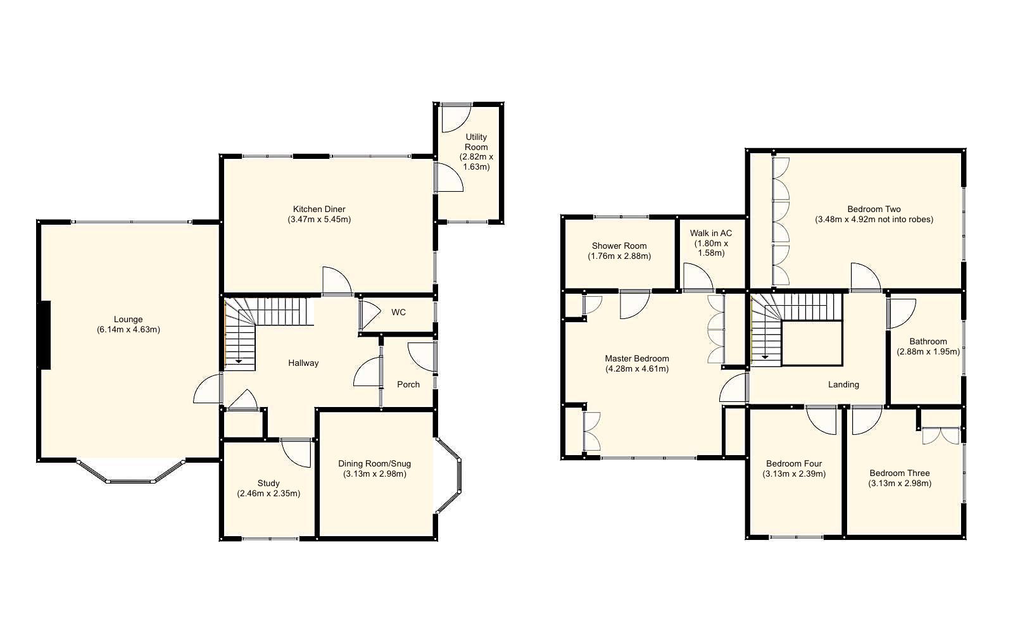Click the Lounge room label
click(128, 320)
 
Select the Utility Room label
click(476, 142)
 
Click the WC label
click(398, 312)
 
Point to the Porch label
click(408, 384)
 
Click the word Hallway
click(303, 363)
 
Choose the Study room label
click(268, 483)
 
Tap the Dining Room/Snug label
click(374, 463)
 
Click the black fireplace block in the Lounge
click(44, 335)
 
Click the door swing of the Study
click(295, 453)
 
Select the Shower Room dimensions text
click(619, 256)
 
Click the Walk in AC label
click(710, 233)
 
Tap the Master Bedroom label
click(636, 358)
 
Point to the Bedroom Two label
click(874, 209)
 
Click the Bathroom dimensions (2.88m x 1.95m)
click(928, 352)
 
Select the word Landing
click(843, 384)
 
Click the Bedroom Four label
click(794, 463)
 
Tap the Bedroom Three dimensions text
click(899, 484)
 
